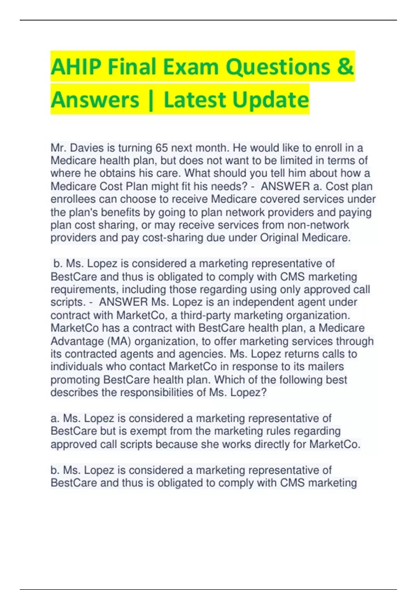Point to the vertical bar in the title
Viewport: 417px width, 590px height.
(x=151, y=100)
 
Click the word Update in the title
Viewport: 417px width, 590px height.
(x=270, y=100)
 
